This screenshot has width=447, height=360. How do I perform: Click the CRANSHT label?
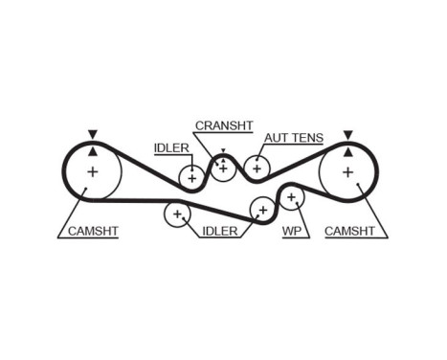(223, 125)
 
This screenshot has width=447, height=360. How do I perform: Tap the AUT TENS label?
(294, 138)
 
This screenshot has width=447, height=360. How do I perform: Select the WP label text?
(292, 231)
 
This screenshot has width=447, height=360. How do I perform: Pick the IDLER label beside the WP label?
(220, 231)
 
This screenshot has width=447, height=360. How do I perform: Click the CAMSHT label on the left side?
(92, 231)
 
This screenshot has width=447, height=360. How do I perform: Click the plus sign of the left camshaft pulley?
(92, 172)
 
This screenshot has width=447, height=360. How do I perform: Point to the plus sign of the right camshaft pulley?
(347, 172)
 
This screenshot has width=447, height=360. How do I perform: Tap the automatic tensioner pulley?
(256, 167)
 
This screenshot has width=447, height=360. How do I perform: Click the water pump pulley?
(291, 197)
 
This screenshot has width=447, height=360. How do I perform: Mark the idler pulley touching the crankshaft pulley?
(192, 176)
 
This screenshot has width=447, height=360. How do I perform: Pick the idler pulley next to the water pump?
(260, 209)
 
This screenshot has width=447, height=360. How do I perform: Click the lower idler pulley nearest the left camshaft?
(176, 214)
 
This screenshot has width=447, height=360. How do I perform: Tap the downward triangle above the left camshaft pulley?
(92, 135)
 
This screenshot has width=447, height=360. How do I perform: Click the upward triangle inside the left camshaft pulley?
(92, 151)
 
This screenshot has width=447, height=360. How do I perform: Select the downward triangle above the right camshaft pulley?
(347, 135)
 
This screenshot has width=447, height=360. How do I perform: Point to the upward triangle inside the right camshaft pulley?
(347, 151)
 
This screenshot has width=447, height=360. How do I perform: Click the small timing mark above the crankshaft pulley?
(222, 151)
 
